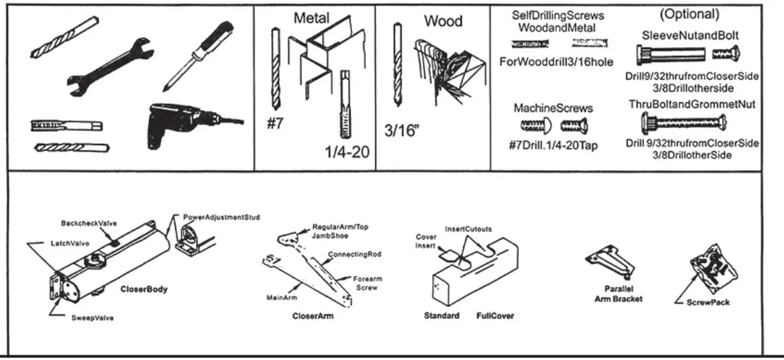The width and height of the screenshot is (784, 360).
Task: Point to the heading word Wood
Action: tap(443, 21)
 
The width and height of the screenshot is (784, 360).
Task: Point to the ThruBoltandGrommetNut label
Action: tap(692, 104)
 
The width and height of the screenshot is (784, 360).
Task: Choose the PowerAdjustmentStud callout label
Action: tap(221, 217)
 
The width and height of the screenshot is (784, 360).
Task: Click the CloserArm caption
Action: tap(313, 316)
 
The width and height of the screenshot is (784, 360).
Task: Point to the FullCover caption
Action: tap(495, 316)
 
